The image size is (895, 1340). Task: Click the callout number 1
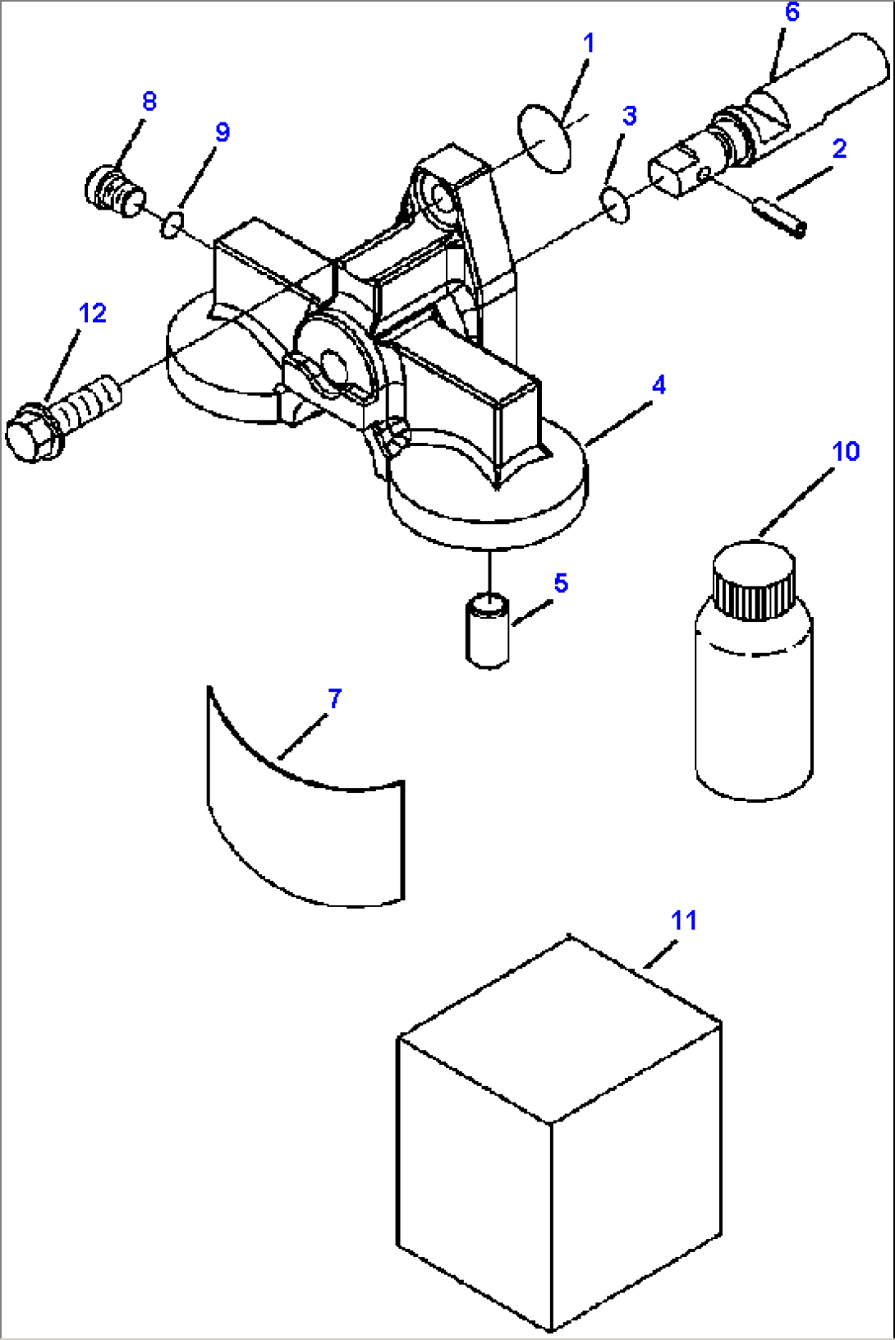point(588,43)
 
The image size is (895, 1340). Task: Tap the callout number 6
point(792,12)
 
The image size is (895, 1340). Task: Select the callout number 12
point(93,313)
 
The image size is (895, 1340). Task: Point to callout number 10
point(845,451)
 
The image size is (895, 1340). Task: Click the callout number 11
point(684,920)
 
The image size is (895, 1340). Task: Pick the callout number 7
point(334,698)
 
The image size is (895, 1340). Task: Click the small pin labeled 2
point(779,216)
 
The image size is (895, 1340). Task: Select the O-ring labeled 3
point(615,205)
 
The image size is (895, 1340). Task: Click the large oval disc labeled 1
point(544,138)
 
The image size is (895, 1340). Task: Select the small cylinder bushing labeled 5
point(488,631)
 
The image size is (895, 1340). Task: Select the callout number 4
point(659,385)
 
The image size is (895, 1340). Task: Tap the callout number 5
point(561,583)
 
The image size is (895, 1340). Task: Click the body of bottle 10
point(753,715)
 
